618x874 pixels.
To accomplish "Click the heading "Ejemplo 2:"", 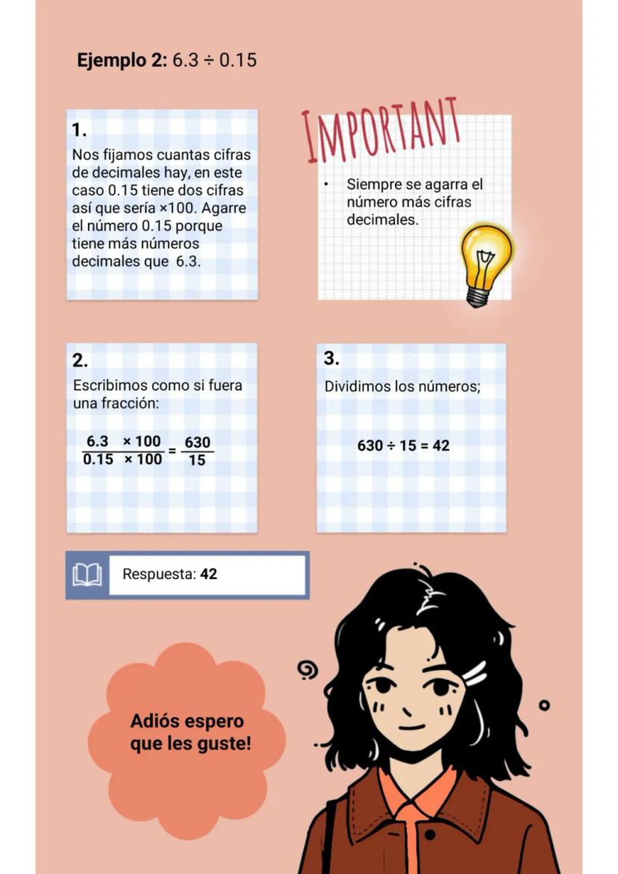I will pos(122,60).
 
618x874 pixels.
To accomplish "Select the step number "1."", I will pos(79,130).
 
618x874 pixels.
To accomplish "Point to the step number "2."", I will pos(80,360).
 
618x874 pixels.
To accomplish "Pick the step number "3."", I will pos(331,358).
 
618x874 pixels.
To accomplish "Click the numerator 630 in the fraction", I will pos(197,443).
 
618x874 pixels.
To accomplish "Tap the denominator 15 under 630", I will pos(197,461).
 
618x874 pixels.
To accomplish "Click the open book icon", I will pos(87,575).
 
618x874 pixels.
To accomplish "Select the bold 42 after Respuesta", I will pos(209,575).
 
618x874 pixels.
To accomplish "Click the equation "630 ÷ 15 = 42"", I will pos(403,446).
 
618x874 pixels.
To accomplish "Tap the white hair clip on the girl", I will pos(474,675).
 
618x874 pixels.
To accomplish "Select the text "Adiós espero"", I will pos(187,722).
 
